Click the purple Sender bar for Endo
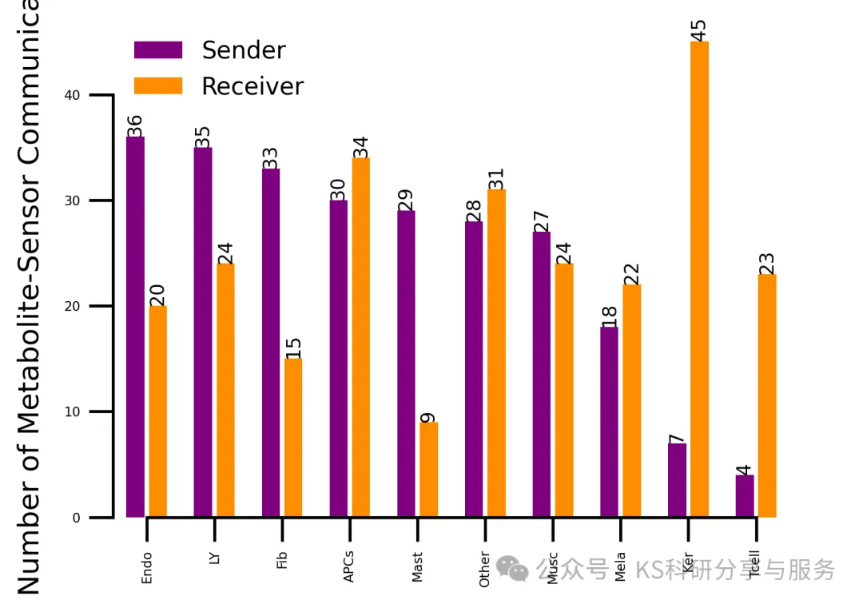135,328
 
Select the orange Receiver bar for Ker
699,280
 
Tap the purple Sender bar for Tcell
745,496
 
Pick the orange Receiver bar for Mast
428,470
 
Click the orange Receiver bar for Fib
293,438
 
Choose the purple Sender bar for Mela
609,422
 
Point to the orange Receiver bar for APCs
360,337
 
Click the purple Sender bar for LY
203,332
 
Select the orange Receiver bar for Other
496,353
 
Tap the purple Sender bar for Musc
541,374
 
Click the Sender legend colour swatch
158,50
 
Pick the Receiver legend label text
253,86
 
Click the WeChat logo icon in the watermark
511,568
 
